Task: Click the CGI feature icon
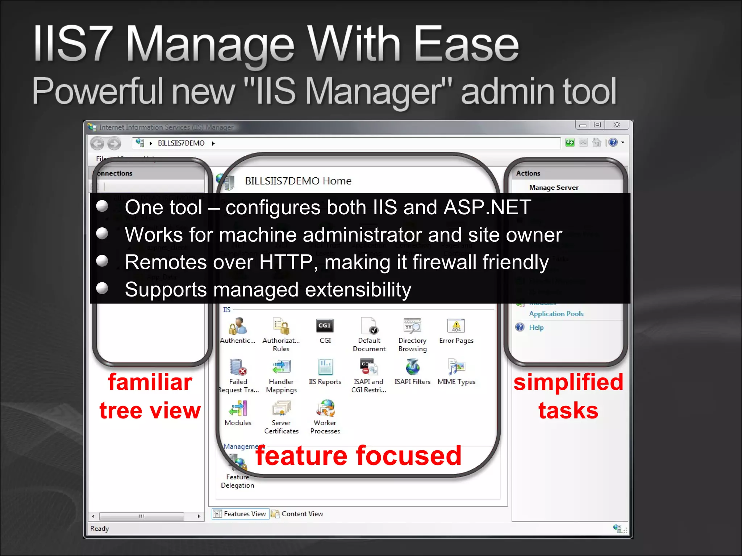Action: click(x=325, y=326)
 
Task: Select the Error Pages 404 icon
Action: click(x=456, y=326)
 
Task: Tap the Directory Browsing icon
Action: click(x=412, y=326)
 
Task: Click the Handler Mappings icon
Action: click(x=282, y=367)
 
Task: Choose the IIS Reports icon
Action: click(x=325, y=367)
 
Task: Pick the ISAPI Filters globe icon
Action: click(x=412, y=367)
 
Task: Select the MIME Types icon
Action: click(x=456, y=367)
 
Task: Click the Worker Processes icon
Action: click(x=325, y=408)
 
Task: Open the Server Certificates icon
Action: click(x=282, y=408)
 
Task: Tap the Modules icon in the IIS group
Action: click(x=238, y=408)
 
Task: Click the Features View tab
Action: click(x=241, y=514)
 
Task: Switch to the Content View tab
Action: click(x=297, y=514)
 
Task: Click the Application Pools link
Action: click(x=556, y=314)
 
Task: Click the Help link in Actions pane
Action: click(x=536, y=328)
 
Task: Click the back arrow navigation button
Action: click(x=97, y=144)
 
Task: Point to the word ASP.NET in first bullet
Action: click(x=487, y=207)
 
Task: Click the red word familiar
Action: click(x=150, y=382)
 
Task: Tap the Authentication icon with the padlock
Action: click(x=238, y=326)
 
